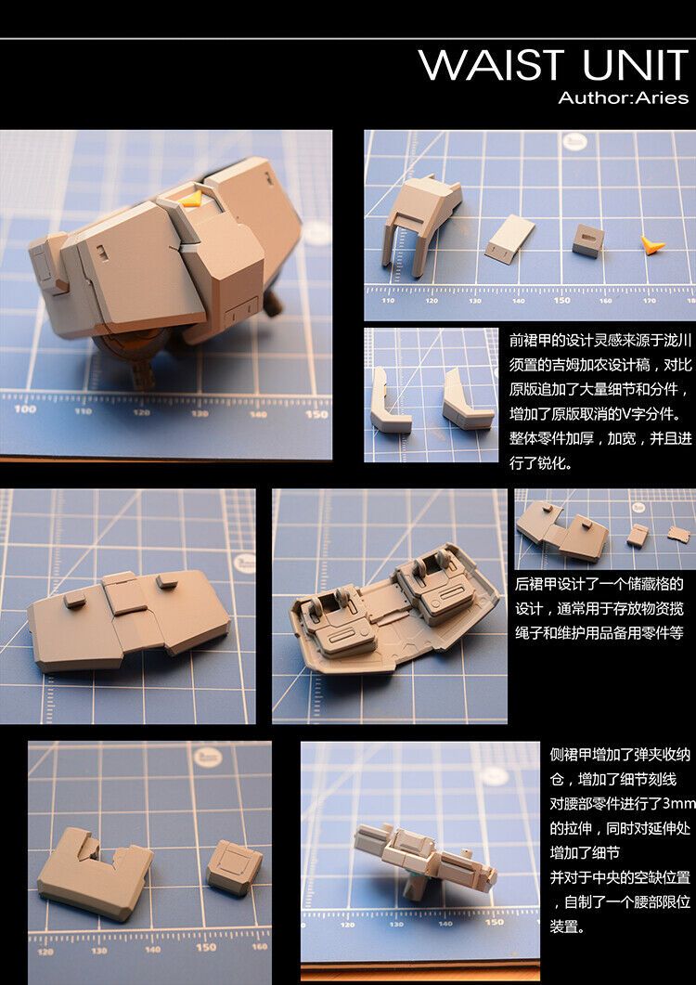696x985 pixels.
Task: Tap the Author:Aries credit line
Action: click(x=623, y=97)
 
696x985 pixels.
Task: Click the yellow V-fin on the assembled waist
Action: click(x=193, y=197)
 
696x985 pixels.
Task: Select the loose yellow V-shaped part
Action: click(x=652, y=245)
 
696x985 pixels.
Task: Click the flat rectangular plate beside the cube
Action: click(x=509, y=236)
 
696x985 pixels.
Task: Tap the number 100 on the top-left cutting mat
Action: click(x=25, y=408)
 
